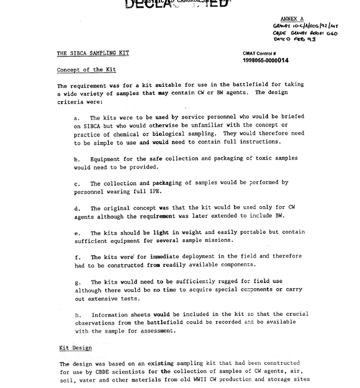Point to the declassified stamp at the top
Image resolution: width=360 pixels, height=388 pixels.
click(x=170, y=6)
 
